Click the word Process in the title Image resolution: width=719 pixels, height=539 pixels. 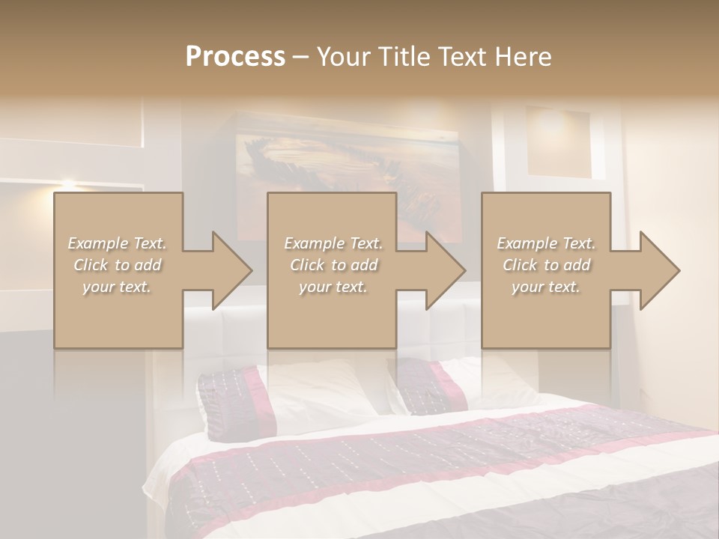coord(235,57)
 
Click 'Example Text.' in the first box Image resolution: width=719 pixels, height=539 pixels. coord(118,243)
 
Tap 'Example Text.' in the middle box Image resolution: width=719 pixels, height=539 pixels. coord(333,243)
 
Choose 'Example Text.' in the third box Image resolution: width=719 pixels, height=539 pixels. coord(546,243)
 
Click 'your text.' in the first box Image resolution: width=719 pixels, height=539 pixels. coord(118,287)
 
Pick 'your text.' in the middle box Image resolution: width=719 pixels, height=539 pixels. coord(333,287)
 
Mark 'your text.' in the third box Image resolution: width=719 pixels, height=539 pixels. coord(546,287)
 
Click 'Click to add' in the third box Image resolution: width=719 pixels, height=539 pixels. coord(546,265)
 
